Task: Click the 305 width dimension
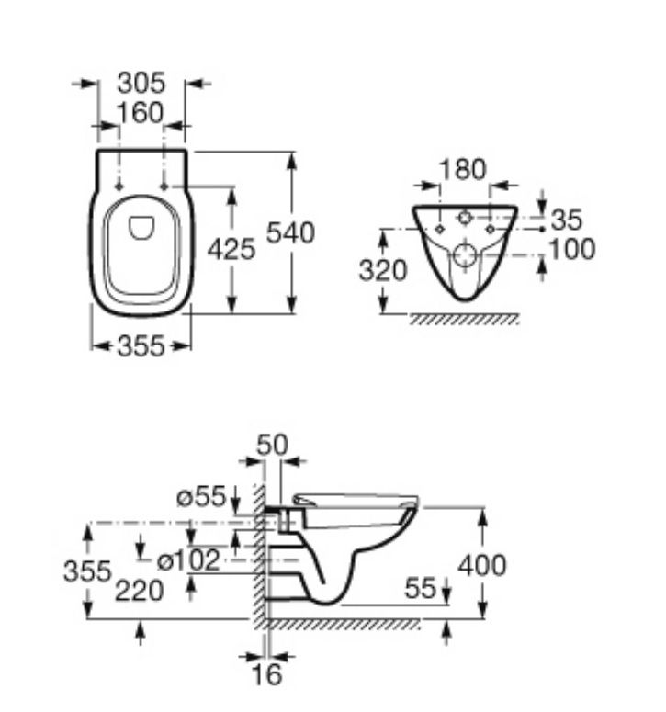tap(141, 83)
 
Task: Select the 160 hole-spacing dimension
tap(140, 113)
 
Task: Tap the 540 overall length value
tap(290, 232)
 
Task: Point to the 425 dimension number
tap(231, 249)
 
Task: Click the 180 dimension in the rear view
tap(463, 170)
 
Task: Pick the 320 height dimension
tap(383, 271)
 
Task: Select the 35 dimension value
tap(566, 220)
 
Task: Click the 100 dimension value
tap(572, 249)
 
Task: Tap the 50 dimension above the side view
tap(272, 445)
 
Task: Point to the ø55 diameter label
tap(201, 496)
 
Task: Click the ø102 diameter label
tap(188, 560)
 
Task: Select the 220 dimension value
tap(140, 592)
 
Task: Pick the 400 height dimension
tap(481, 566)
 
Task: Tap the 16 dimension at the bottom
tap(267, 674)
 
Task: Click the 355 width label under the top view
tap(141, 346)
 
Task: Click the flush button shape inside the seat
tap(141, 228)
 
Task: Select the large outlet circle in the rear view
tap(465, 255)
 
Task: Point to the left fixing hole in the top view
tap(119, 186)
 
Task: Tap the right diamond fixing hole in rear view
tap(490, 230)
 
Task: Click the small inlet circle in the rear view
tap(464, 218)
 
